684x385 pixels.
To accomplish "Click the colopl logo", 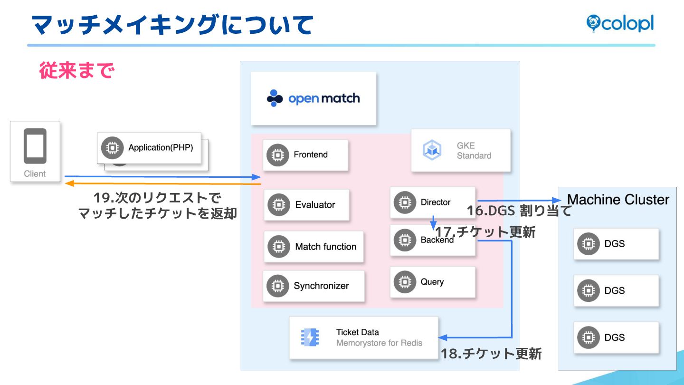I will [620, 23].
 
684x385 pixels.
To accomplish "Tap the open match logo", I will [313, 98].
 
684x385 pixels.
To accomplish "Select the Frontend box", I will [305, 155].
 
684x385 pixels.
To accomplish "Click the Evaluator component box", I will [306, 205].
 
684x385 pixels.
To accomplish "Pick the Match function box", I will [313, 247].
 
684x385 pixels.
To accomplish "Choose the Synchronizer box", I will [313, 286].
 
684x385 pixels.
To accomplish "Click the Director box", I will [432, 202].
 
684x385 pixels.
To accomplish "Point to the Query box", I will [432, 282].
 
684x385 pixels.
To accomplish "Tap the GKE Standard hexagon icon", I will [432, 150].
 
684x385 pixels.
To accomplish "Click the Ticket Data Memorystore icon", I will [310, 337].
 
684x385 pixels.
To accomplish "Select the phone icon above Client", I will [35, 145].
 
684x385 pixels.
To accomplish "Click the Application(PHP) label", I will [161, 147].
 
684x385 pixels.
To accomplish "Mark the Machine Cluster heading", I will [618, 200].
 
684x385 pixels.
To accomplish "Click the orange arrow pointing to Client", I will [161, 183].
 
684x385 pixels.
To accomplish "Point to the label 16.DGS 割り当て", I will [519, 211].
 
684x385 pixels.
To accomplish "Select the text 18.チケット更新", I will [491, 354].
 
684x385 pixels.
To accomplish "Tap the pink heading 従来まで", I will [76, 71].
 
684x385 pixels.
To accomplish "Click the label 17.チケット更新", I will [485, 232].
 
